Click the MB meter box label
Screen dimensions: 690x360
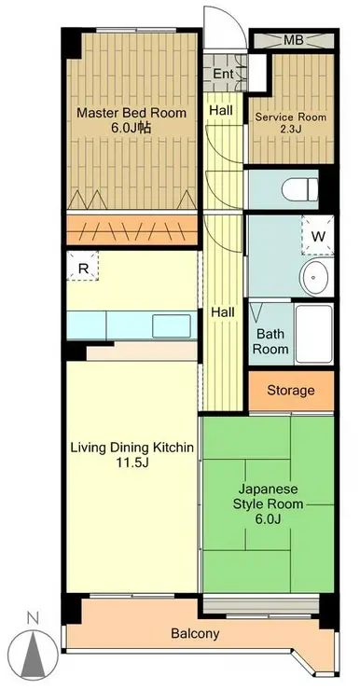tap(292, 41)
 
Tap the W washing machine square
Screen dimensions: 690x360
tap(318, 236)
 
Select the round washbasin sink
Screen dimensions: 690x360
tap(316, 278)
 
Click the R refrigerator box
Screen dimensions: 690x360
tap(83, 268)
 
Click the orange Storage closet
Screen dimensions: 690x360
tap(291, 391)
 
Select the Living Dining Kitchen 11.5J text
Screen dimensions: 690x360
tap(132, 456)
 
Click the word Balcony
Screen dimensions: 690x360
tap(195, 634)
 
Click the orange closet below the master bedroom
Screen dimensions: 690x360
tap(131, 230)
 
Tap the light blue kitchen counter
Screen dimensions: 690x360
tap(131, 324)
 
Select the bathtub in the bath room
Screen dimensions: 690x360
tap(312, 333)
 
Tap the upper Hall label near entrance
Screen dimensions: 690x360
tap(221, 110)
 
